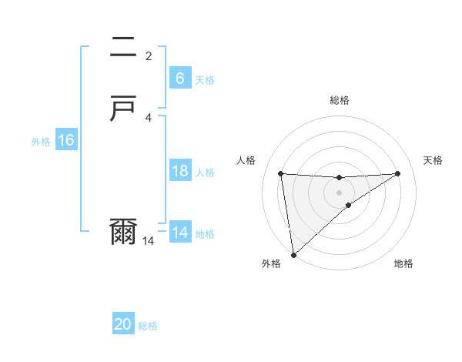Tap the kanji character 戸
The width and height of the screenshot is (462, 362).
pyautogui.click(x=123, y=110)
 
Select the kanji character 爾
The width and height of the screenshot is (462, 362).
pyautogui.click(x=123, y=232)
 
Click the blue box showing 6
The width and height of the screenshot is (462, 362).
pyautogui.click(x=179, y=79)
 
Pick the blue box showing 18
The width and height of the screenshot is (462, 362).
pyautogui.click(x=179, y=171)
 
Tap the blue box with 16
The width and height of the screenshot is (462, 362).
pyautogui.click(x=65, y=140)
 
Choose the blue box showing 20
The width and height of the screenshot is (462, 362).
pyautogui.click(x=123, y=324)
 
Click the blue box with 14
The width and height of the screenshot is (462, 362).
pyautogui.click(x=179, y=233)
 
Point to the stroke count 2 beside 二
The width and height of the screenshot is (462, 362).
pyautogui.click(x=149, y=55)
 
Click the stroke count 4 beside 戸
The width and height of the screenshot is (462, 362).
pyautogui.click(x=149, y=117)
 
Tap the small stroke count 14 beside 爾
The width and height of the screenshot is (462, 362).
pyautogui.click(x=149, y=241)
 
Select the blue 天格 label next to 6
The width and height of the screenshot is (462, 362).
pyautogui.click(x=205, y=80)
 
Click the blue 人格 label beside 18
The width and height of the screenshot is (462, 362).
pyautogui.click(x=205, y=173)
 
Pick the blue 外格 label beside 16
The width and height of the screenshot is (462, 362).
pyautogui.click(x=41, y=142)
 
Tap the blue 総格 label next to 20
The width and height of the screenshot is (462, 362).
pyautogui.click(x=148, y=326)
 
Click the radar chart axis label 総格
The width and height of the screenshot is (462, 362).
pyautogui.click(x=340, y=100)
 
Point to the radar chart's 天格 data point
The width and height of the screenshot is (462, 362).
pyautogui.click(x=398, y=173)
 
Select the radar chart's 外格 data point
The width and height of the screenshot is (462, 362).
pyautogui.click(x=293, y=255)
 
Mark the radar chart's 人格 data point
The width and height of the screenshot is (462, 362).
pyautogui.click(x=281, y=173)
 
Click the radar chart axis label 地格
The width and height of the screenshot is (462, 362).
pyautogui.click(x=403, y=264)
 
